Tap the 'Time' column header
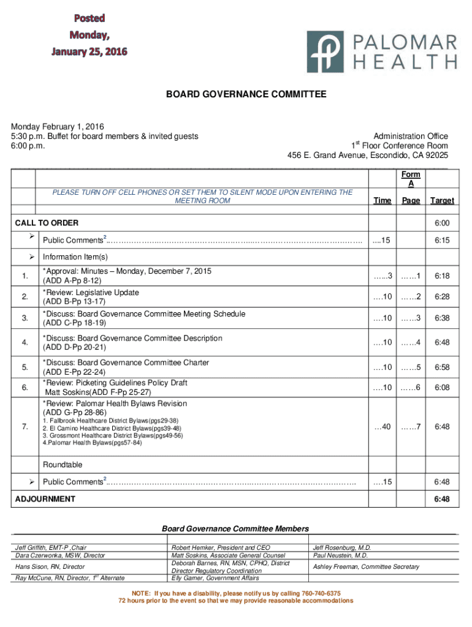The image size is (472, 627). (x=382, y=200)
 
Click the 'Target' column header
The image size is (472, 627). (x=442, y=200)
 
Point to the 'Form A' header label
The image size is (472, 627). (x=411, y=179)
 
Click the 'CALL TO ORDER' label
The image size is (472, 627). (x=47, y=223)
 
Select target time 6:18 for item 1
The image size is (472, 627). (x=442, y=277)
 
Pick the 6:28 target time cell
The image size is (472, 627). (x=442, y=297)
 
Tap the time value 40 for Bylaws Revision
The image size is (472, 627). (x=383, y=427)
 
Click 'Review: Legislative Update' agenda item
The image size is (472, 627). (x=91, y=292)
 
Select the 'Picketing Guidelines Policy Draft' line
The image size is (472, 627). (x=115, y=383)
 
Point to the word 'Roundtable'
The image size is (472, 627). (x=63, y=465)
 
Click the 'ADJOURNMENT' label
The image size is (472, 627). (x=45, y=499)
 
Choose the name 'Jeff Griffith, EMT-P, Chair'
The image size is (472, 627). (x=51, y=547)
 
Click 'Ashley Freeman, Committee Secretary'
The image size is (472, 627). (x=366, y=567)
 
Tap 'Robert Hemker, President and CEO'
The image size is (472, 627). (x=221, y=547)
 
